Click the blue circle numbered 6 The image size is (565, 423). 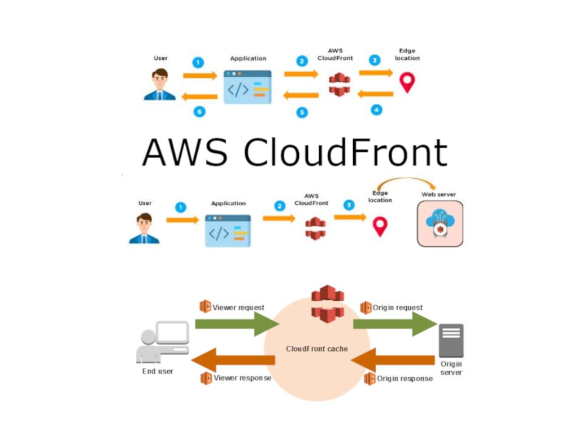click(198, 112)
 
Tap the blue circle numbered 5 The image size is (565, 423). click(302, 113)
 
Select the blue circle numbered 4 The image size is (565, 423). click(376, 109)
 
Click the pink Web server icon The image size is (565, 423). click(440, 224)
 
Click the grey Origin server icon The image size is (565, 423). click(451, 341)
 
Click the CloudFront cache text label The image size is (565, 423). click(316, 349)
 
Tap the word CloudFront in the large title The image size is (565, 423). click(345, 151)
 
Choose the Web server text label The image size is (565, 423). click(438, 195)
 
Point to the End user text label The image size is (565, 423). click(158, 371)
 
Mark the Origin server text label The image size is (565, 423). click(451, 368)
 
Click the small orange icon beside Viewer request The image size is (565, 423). click(205, 307)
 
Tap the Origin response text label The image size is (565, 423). click(405, 378)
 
